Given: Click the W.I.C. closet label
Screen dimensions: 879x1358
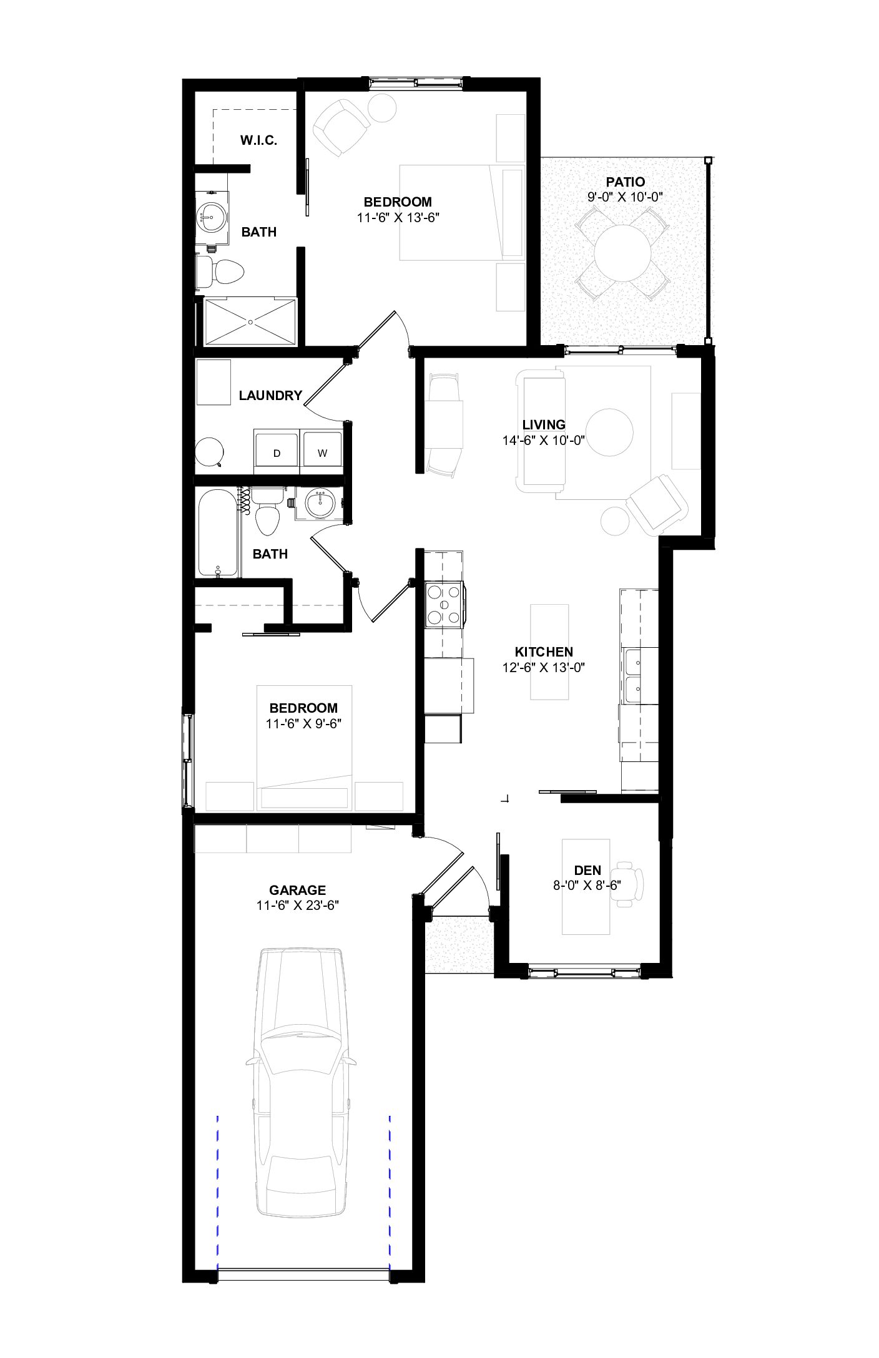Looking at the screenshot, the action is point(258,140).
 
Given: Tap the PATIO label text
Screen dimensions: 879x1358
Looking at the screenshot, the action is point(625,182).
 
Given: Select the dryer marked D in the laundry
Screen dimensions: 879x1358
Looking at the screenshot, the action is point(277,447).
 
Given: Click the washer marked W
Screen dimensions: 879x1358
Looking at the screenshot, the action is point(322,447).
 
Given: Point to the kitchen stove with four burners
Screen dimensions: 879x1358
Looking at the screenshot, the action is point(444,604).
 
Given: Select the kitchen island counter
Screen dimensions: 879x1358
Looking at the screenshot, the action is point(549,652).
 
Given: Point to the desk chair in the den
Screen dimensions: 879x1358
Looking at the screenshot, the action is point(627,884).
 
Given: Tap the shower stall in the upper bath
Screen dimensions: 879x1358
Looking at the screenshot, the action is point(251,321).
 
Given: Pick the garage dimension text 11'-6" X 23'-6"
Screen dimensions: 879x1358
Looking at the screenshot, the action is point(297,906).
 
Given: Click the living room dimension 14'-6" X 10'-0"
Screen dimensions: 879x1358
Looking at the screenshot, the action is point(543,440).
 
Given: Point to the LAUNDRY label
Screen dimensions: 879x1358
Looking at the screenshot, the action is point(270,395).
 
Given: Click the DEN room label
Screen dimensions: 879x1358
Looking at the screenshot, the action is point(587,870).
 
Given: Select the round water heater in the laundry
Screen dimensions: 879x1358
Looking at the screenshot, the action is point(209,452).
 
